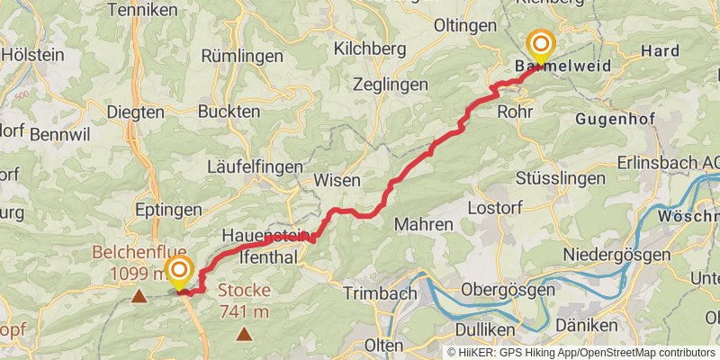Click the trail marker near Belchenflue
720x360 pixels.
(180, 270)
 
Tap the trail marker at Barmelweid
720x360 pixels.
(541, 44)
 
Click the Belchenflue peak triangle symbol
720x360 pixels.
(139, 295)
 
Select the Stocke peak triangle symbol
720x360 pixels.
(244, 335)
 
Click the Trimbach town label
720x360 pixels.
(380, 293)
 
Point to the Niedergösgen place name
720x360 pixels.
(616, 255)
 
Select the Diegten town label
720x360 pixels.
(136, 112)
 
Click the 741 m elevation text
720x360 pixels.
(244, 311)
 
